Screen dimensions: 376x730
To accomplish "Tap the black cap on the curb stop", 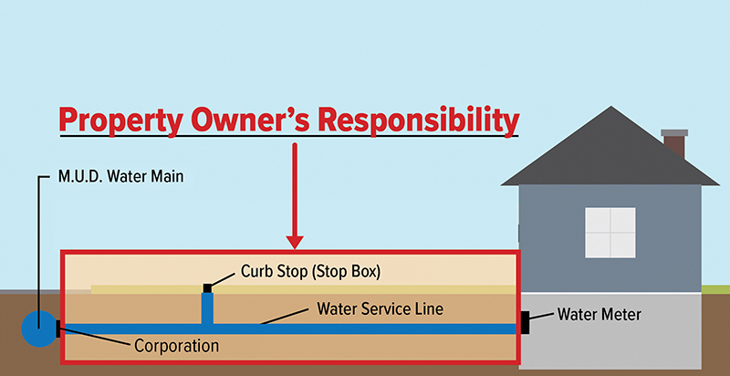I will click(208, 288).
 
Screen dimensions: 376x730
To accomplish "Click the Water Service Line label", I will click(380, 308).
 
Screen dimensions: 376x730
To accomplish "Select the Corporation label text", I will click(177, 346).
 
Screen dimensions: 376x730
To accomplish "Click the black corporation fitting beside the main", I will click(58, 329).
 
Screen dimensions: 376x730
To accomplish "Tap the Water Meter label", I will click(600, 315).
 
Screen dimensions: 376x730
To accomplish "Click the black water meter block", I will click(525, 321).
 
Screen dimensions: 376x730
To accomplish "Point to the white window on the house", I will click(610, 231).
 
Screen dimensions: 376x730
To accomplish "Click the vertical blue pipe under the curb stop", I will click(208, 308).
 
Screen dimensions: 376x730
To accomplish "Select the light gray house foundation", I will click(620, 342).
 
